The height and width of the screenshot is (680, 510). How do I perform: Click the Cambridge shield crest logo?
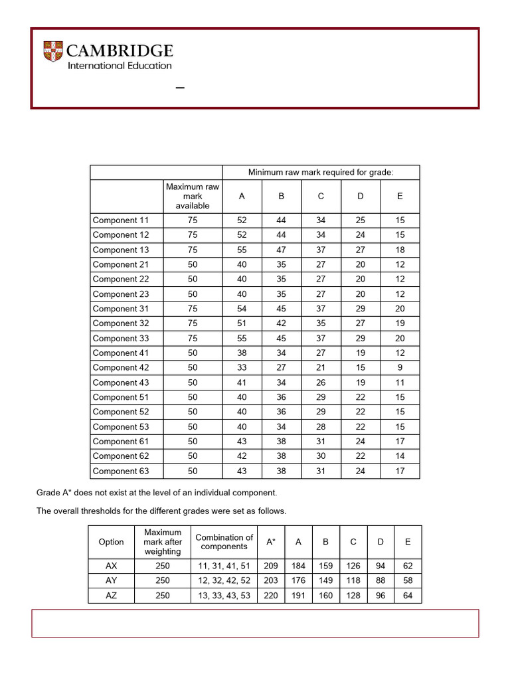pyautogui.click(x=54, y=52)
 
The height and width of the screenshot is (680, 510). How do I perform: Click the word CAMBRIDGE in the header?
pyautogui.click(x=120, y=50)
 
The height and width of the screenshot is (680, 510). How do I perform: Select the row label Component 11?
pyautogui.click(x=121, y=220)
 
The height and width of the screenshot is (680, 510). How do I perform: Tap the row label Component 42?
pyautogui.click(x=121, y=368)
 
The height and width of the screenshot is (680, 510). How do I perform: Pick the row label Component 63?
pyautogui.click(x=121, y=471)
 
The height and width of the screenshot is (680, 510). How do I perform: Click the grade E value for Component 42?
pyautogui.click(x=400, y=368)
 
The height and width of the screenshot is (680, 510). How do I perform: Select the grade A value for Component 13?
pyautogui.click(x=242, y=250)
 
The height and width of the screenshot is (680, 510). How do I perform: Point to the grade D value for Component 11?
pyautogui.click(x=361, y=220)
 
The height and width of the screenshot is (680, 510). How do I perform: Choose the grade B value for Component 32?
pyautogui.click(x=281, y=323)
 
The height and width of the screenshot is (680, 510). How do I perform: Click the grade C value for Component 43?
pyautogui.click(x=321, y=382)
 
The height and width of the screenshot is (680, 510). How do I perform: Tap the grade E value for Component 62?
pyautogui.click(x=400, y=456)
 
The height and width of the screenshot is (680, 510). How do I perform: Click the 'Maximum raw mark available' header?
pyautogui.click(x=193, y=197)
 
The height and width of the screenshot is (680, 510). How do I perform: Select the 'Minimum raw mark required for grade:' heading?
pyautogui.click(x=321, y=173)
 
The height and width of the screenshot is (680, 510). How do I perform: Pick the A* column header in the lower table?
pyautogui.click(x=271, y=542)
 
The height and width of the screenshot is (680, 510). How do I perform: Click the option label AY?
pyautogui.click(x=111, y=581)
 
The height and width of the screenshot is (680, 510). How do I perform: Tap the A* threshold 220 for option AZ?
pyautogui.click(x=271, y=596)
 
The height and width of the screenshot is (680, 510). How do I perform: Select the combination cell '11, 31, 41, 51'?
pyautogui.click(x=224, y=566)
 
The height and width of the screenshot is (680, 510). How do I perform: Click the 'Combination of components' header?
pyautogui.click(x=224, y=542)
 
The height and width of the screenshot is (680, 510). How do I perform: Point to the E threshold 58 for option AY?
pyautogui.click(x=408, y=581)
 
